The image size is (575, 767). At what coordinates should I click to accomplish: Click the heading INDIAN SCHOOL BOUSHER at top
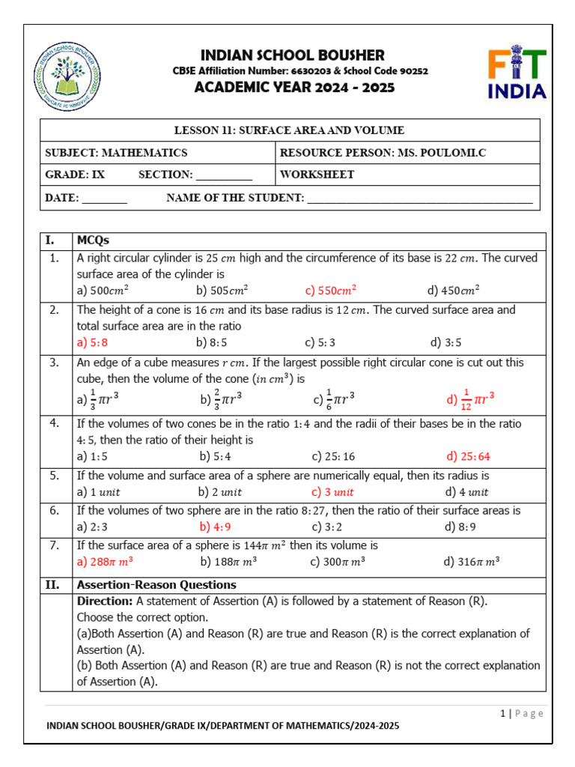click(292, 55)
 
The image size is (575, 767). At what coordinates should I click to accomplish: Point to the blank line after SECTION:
click(224, 175)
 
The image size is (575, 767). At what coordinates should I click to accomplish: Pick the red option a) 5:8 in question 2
click(93, 343)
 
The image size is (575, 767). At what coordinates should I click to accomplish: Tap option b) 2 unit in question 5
click(220, 492)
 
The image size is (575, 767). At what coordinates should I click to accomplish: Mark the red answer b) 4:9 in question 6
click(215, 527)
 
